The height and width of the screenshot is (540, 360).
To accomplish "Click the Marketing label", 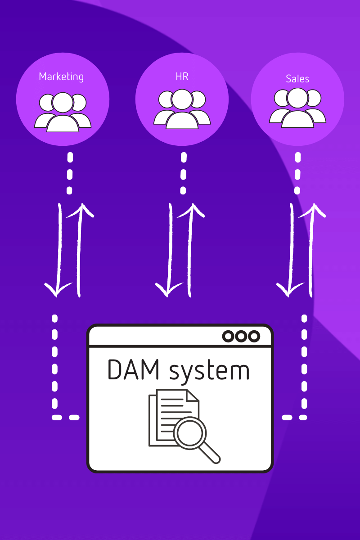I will point(61,76).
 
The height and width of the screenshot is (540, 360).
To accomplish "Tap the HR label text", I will point(182,76).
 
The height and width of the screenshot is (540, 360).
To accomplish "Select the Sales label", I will point(297,79).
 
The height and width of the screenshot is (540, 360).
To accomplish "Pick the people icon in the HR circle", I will point(182,109).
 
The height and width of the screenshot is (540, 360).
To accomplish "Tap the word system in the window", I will point(209,372).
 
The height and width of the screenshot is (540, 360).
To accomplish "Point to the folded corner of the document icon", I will point(193,396).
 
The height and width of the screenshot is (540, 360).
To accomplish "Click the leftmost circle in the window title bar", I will point(229,336).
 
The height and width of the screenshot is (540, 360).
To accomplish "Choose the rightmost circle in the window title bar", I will point(255,336).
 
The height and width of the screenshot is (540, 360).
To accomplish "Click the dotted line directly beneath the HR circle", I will point(183,173).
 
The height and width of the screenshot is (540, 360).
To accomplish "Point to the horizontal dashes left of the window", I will point(66,418).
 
